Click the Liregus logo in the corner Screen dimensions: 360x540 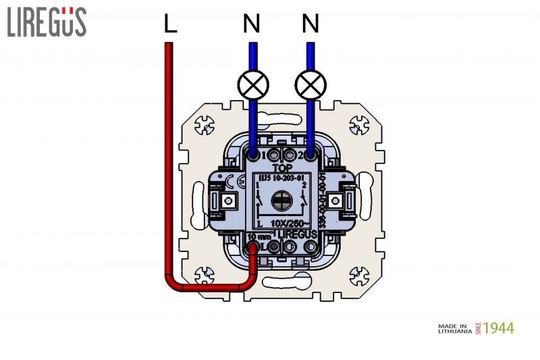(x=47, y=22)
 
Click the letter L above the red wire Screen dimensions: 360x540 (x=170, y=24)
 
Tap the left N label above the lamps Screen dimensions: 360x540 (x=251, y=24)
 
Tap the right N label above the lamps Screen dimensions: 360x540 (x=310, y=24)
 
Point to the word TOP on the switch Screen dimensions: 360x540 (x=281, y=166)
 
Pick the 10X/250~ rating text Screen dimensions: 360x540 (x=290, y=223)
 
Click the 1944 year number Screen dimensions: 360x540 (x=499, y=328)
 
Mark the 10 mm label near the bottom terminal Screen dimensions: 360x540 (x=257, y=236)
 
